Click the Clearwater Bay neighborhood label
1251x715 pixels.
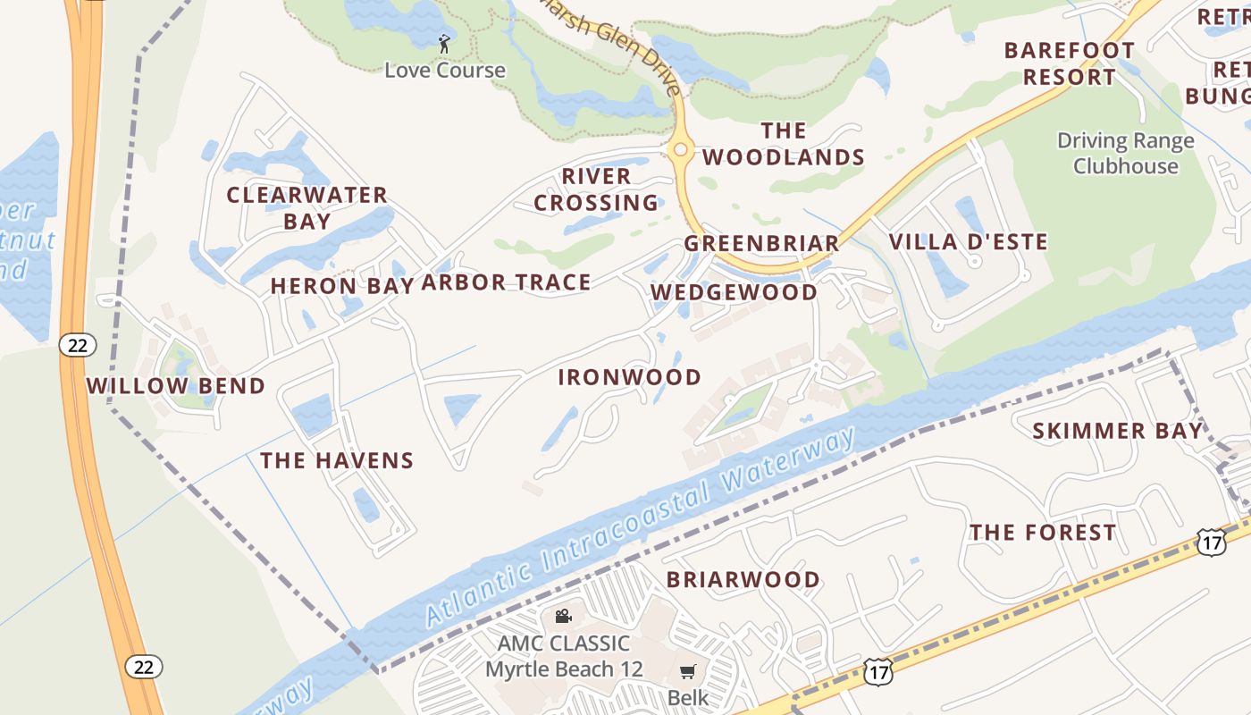tap(306, 207)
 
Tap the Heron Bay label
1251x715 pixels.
tap(341, 286)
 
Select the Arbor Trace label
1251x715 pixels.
tap(506, 283)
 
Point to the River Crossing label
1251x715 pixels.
tap(596, 189)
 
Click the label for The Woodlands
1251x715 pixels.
tap(783, 145)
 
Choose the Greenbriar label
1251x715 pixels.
tap(761, 243)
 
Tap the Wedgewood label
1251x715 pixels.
tap(734, 292)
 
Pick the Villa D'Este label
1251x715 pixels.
tap(968, 241)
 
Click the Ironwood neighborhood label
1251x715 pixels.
tap(629, 377)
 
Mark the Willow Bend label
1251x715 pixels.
tap(175, 386)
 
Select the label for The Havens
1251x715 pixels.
tap(337, 460)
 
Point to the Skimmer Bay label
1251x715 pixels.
tap(1117, 431)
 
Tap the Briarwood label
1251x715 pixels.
tap(743, 579)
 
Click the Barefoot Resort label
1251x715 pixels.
tap(1069, 63)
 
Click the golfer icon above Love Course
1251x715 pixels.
tap(444, 43)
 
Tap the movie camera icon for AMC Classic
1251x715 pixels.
tap(563, 616)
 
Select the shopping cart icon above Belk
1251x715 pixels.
tap(687, 671)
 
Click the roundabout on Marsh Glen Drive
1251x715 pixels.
tap(681, 149)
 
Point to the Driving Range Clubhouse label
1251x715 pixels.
tap(1125, 153)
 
